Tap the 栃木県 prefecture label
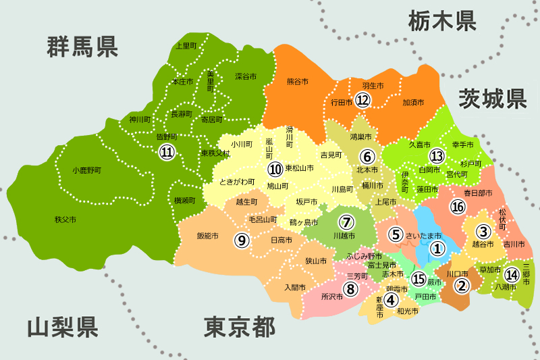point(442,22)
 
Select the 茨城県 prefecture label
point(492,99)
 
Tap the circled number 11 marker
point(166,153)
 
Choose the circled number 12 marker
point(363,101)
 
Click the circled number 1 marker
point(437,249)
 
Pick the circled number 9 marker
point(241,239)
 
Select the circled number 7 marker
point(346,222)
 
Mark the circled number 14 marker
point(512,274)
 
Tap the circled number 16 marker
point(458,206)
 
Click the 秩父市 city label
point(65,220)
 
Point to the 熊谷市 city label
point(298,82)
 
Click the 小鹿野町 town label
point(86,170)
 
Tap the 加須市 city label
point(412,103)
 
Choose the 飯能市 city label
point(208,236)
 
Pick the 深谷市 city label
point(246,76)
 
